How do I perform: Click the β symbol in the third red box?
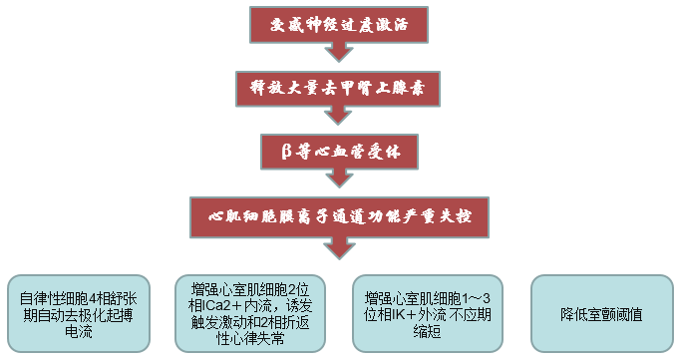287,151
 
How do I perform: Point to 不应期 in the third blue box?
469,312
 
